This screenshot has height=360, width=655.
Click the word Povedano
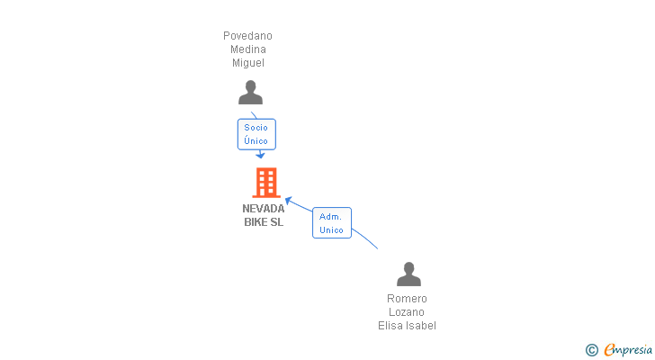click(247, 36)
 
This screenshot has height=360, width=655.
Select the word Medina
click(248, 49)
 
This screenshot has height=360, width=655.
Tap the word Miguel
click(248, 63)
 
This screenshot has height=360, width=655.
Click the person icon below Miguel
click(251, 93)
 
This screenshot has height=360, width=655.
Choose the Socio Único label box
click(256, 134)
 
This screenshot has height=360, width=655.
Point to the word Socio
click(256, 128)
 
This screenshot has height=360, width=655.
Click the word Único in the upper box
click(256, 140)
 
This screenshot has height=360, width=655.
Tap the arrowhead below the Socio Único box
click(260, 156)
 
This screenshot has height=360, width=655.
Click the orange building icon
click(266, 183)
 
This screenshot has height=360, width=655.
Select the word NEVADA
click(263, 209)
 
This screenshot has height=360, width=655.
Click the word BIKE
click(255, 222)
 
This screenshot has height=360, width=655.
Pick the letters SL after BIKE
click(276, 222)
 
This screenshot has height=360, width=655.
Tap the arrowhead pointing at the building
click(289, 201)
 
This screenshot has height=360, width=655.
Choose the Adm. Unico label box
click(332, 222)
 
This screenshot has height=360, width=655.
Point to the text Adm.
click(330, 217)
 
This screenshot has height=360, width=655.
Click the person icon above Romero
click(409, 274)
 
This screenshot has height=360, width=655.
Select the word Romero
click(407, 299)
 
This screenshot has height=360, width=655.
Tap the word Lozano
click(407, 312)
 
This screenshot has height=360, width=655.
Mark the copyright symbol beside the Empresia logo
click(591, 350)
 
